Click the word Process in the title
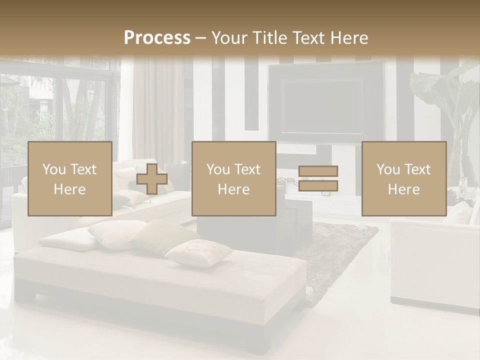pyautogui.click(x=157, y=38)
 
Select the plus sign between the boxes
pyautogui.click(x=152, y=178)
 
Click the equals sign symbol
pyautogui.click(x=318, y=178)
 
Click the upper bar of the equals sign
pyautogui.click(x=318, y=171)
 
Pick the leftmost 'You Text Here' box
pyautogui.click(x=70, y=178)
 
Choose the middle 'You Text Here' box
pyautogui.click(x=233, y=178)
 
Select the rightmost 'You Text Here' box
pyautogui.click(x=403, y=178)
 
